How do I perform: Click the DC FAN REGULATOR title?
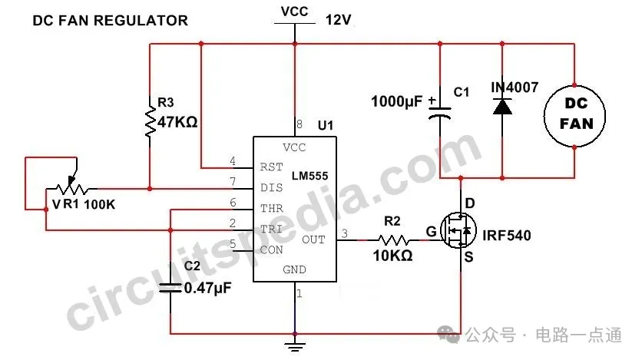click(x=110, y=21)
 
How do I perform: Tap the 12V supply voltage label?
click(x=339, y=21)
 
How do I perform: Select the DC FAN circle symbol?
click(x=575, y=114)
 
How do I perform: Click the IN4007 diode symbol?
click(x=502, y=107)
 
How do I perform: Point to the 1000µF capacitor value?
click(x=396, y=101)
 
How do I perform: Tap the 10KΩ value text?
click(x=392, y=256)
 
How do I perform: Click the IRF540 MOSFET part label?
click(x=507, y=234)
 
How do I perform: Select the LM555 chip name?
click(x=310, y=177)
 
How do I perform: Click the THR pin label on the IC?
click(x=271, y=208)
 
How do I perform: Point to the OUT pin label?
click(x=313, y=239)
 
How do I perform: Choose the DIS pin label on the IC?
click(x=271, y=187)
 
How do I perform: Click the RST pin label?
click(x=271, y=167)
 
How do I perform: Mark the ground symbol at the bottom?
click(x=292, y=343)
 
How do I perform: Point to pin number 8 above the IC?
click(x=299, y=124)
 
